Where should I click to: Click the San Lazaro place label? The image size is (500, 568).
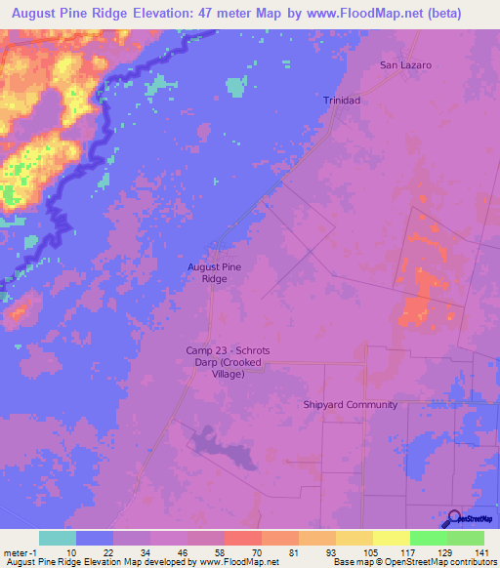[405, 65]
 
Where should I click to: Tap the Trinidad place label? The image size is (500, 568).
[342, 101]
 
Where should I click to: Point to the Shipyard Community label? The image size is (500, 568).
[349, 405]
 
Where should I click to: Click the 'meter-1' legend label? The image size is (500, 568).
[20, 551]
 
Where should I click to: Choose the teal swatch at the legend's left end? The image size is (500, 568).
[58, 538]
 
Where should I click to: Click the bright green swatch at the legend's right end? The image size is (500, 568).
[466, 538]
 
